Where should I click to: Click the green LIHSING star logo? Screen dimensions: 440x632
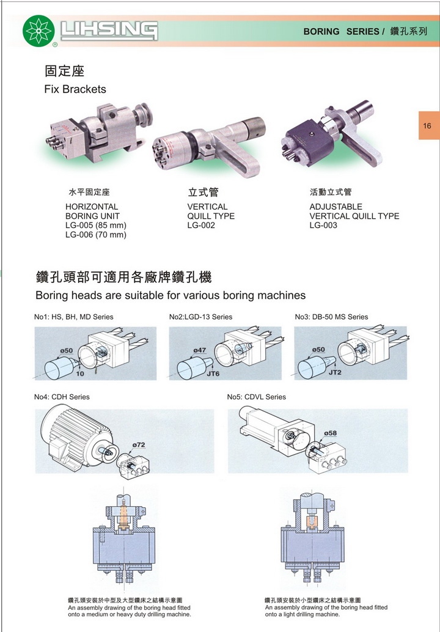tap(38, 31)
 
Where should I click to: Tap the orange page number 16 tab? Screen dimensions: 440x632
tap(429, 125)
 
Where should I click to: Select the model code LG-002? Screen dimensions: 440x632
tap(201, 226)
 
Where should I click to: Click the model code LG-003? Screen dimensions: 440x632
tap(323, 226)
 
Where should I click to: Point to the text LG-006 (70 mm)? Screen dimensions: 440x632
tap(96, 235)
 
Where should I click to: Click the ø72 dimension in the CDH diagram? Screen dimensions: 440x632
tap(139, 445)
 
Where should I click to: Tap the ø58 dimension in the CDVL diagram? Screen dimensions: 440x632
tap(330, 433)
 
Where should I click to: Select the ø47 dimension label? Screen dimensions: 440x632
tap(200, 350)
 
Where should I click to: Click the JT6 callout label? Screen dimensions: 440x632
tap(213, 373)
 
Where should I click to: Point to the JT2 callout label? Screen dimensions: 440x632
tap(335, 372)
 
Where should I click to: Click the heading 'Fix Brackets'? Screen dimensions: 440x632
tap(75, 89)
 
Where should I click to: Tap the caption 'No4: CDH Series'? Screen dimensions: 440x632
tap(62, 397)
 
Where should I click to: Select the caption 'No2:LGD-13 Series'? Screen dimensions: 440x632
tap(200, 317)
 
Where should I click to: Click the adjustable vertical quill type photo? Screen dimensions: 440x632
tap(332, 134)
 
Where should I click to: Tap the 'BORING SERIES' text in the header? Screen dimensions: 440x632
tap(341, 31)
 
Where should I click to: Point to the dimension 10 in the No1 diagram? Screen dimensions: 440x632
tap(80, 373)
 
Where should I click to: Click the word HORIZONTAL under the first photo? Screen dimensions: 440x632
tap(92, 207)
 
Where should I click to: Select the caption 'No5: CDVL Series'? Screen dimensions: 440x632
tap(256, 397)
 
